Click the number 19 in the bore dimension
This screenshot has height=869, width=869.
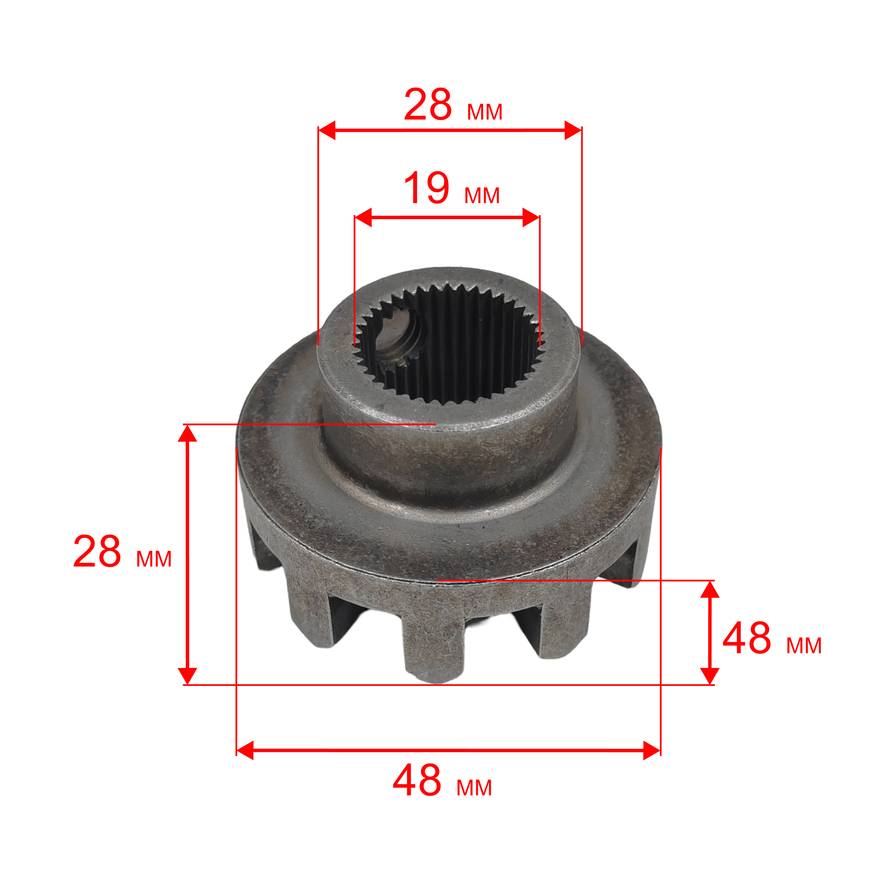tap(427, 188)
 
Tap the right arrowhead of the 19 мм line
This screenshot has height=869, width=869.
tap(531, 217)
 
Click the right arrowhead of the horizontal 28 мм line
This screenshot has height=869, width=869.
tap(573, 130)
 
